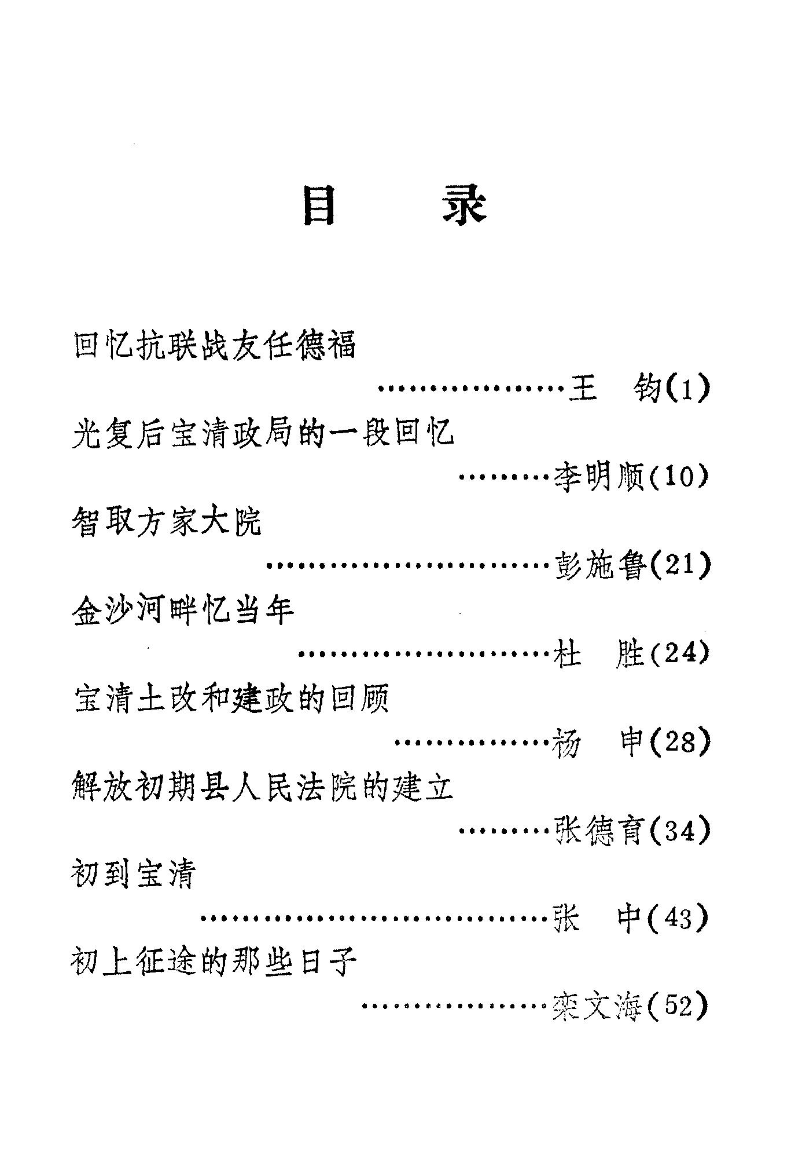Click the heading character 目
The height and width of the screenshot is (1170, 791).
click(319, 206)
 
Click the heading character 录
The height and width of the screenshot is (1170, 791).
click(465, 206)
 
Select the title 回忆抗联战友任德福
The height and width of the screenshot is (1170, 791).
click(215, 345)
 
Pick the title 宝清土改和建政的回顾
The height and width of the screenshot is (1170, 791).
click(231, 699)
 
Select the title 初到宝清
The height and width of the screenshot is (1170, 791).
click(134, 875)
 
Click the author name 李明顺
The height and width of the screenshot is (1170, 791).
click(599, 477)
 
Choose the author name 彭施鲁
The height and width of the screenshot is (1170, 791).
click(599, 565)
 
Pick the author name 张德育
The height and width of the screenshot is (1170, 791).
click(599, 831)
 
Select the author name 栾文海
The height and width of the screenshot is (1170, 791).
click(599, 1007)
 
